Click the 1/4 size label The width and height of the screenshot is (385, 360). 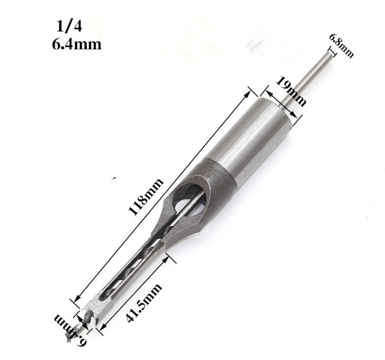[70, 27]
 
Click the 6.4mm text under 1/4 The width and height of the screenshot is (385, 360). [77, 44]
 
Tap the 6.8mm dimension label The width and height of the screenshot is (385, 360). [341, 45]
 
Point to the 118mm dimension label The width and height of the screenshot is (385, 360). [146, 197]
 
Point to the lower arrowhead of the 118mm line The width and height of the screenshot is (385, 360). [78, 300]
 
